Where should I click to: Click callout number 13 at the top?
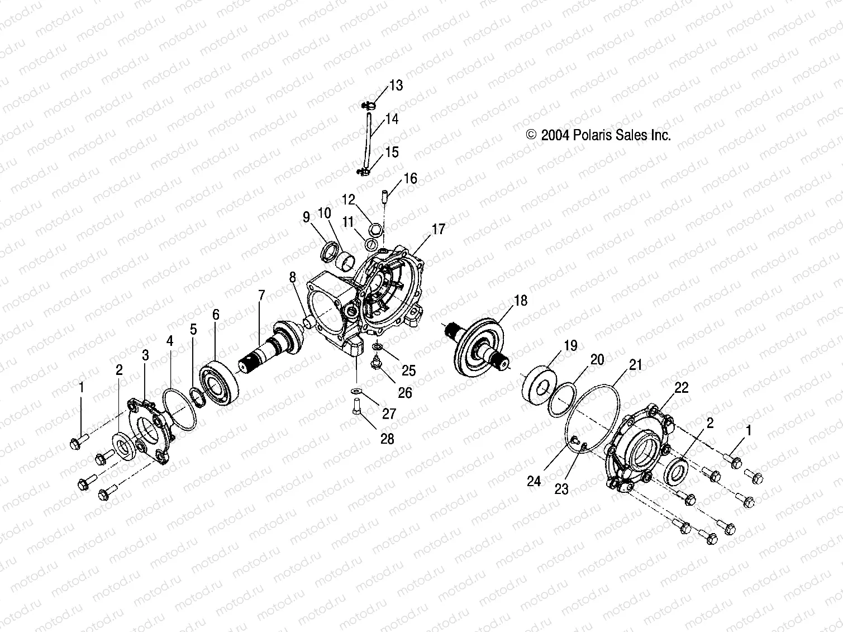click(x=396, y=85)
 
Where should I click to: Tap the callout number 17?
click(x=439, y=229)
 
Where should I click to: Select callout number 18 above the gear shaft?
click(x=520, y=301)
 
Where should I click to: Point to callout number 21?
click(x=635, y=365)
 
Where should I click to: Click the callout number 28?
click(x=387, y=439)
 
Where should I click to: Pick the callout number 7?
click(x=260, y=296)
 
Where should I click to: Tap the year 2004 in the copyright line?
click(x=555, y=135)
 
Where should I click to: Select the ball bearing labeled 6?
click(x=219, y=384)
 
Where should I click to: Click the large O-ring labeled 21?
click(x=592, y=414)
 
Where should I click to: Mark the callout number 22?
click(x=682, y=387)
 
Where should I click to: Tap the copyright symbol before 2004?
click(x=531, y=135)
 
